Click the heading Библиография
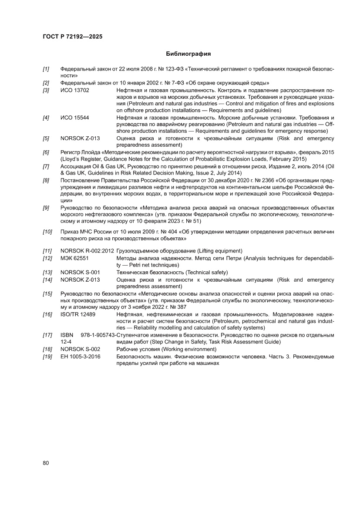pyautogui.click(x=188, y=54)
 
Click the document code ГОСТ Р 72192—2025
pyautogui.click(x=73, y=37)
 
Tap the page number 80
pyautogui.click(x=46, y=463)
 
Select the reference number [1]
pyautogui.click(x=46, y=69)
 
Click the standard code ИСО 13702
pyautogui.click(x=75, y=90)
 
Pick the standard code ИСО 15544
pyautogui.click(x=75, y=118)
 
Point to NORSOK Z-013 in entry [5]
pyautogui.click(x=80, y=138)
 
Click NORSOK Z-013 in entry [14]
pyautogui.click(x=80, y=280)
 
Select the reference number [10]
pyautogui.click(x=47, y=232)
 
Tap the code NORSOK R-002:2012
pyautogui.click(x=87, y=251)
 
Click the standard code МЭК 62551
pyautogui.click(x=75, y=258)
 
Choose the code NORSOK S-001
pyautogui.click(x=80, y=272)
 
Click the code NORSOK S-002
pyautogui.click(x=80, y=349)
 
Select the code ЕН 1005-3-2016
pyautogui.click(x=81, y=357)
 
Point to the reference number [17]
pyautogui.click(x=47, y=335)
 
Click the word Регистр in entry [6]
pyautogui.click(x=71, y=152)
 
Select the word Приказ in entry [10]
pyautogui.click(x=70, y=232)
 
